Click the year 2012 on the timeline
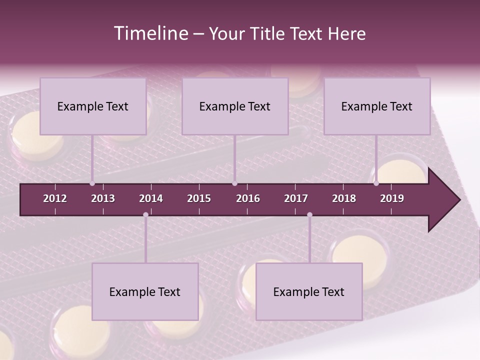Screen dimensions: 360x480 click(55, 198)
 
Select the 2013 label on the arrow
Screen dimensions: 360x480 click(103, 198)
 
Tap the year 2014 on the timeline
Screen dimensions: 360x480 click(151, 198)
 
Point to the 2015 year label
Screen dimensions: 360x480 click(199, 198)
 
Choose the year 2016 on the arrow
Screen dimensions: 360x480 click(248, 198)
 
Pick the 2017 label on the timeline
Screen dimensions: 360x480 click(296, 198)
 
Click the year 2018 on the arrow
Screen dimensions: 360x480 click(344, 198)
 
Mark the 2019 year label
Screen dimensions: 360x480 click(392, 198)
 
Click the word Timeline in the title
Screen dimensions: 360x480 click(150, 33)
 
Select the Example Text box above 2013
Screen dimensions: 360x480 click(93, 106)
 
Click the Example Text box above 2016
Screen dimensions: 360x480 click(235, 106)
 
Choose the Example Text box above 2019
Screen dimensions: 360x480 click(377, 106)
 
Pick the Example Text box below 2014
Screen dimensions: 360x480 click(145, 291)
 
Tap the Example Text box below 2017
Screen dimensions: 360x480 click(309, 291)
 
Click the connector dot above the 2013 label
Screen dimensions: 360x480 click(92, 183)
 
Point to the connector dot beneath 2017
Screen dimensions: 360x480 click(309, 215)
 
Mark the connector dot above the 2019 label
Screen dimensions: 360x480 click(376, 183)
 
